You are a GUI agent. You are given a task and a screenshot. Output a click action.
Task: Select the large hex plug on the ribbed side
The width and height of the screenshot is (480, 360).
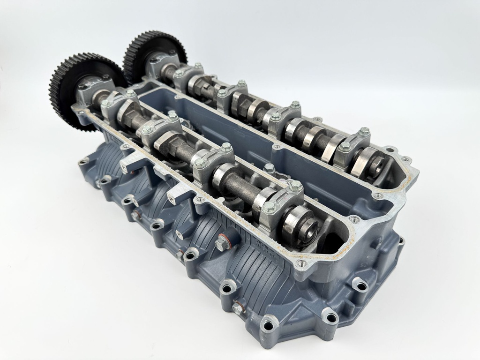221,243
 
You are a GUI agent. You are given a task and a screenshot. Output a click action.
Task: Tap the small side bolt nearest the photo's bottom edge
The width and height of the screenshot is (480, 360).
239,308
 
